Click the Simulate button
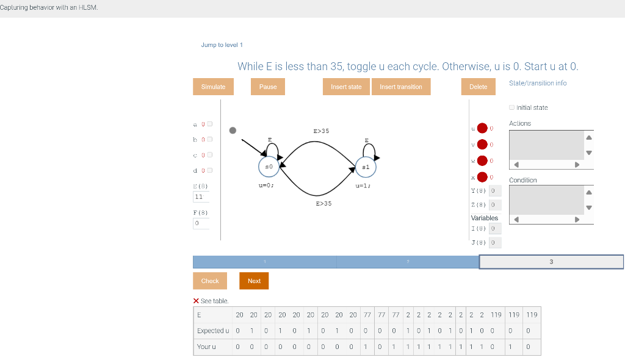tap(213, 87)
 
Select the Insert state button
tap(346, 87)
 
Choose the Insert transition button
tap(400, 87)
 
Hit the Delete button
tap(478, 87)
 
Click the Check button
tap(210, 281)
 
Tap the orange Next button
tap(254, 281)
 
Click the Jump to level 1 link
tap(222, 45)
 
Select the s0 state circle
tap(269, 166)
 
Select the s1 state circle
tap(366, 167)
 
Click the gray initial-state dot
tap(233, 130)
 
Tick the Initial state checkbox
tap(511, 108)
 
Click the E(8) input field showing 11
tap(201, 196)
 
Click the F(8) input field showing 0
tap(201, 223)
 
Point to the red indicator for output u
tap(482, 128)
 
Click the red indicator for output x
tap(482, 177)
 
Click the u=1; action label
tap(363, 185)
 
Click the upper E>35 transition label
tap(321, 131)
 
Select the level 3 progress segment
tap(551, 262)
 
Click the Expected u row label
tap(213, 331)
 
